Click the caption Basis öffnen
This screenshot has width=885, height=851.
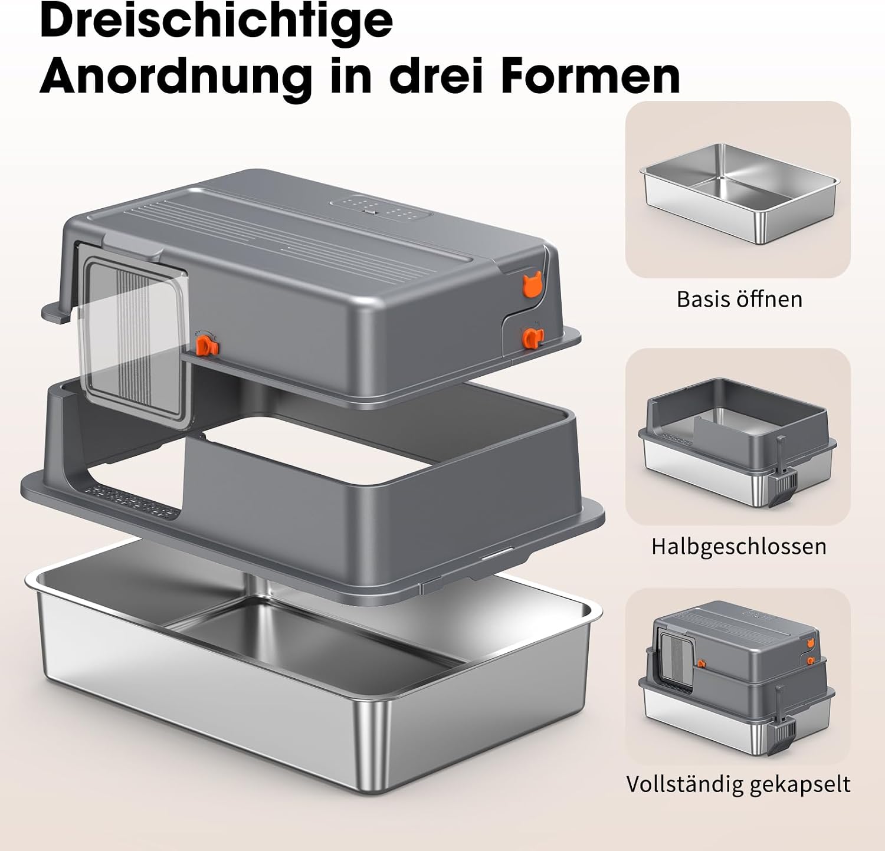point(739,299)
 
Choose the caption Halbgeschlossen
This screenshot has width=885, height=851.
point(739,546)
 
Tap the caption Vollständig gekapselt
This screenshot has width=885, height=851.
point(738,784)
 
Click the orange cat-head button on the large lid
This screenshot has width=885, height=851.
point(531,285)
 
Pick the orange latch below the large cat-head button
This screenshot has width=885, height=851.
point(531,337)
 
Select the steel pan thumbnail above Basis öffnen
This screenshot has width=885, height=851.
point(739,192)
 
